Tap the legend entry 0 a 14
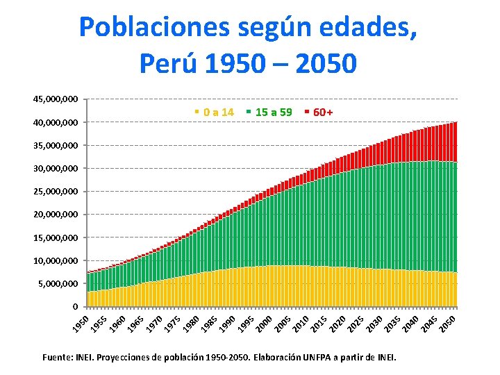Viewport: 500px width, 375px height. tap(218, 112)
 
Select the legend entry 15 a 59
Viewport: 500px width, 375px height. tap(273, 112)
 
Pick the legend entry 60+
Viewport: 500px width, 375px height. tap(323, 112)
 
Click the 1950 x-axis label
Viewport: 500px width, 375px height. tap(83, 324)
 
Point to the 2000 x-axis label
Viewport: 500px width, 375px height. tap(263, 324)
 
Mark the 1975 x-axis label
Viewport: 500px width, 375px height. tap(173, 324)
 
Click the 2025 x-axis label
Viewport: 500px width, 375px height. tap(355, 324)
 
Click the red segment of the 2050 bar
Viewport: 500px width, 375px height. tap(455, 142)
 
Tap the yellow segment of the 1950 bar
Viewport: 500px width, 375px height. tap(88, 299)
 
